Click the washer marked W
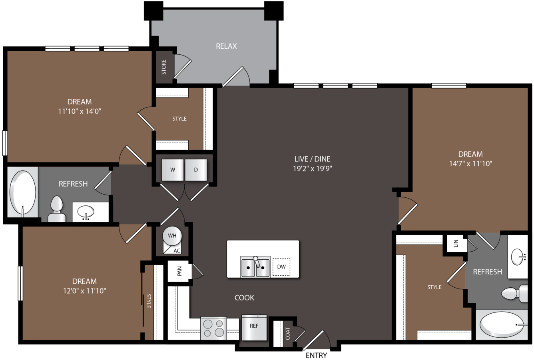(173, 170)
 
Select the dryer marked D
(196, 170)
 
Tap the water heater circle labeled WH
(172, 236)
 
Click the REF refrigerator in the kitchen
(254, 328)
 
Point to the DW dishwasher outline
(281, 267)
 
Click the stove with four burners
(213, 328)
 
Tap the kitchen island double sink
(255, 267)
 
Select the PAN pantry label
(179, 271)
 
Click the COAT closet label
(288, 334)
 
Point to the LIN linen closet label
(456, 243)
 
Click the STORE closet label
(164, 67)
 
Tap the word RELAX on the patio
(226, 46)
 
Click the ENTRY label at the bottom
(316, 355)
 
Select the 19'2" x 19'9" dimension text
(312, 169)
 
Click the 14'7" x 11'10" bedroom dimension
(470, 164)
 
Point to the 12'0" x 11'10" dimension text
(84, 291)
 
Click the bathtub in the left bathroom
(23, 192)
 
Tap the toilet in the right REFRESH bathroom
(514, 293)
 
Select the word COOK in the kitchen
(244, 298)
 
